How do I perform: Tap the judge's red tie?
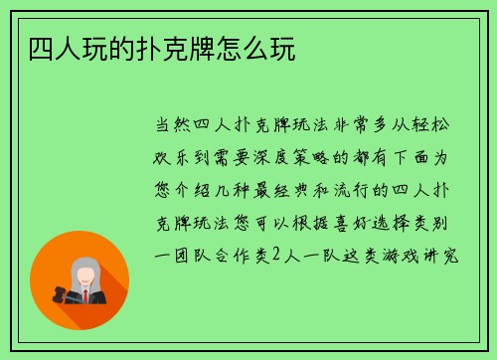pyautogui.click(x=86, y=297)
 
